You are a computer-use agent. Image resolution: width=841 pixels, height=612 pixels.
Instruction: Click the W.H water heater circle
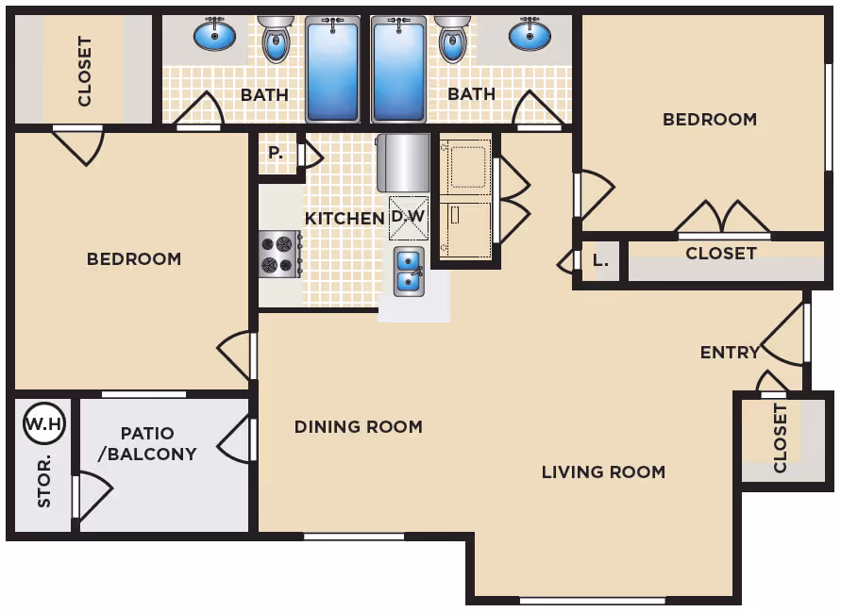[44, 424]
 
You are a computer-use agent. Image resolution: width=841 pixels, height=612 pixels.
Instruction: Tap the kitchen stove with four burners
[280, 254]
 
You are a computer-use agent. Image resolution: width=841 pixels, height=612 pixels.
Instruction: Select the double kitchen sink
[410, 272]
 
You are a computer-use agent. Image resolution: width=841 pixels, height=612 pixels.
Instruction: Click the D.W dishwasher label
[408, 217]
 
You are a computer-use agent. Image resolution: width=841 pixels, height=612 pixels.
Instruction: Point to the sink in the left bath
[214, 34]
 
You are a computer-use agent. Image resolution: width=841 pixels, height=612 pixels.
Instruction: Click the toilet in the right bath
[452, 38]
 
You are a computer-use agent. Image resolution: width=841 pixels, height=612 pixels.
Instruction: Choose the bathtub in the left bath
[332, 69]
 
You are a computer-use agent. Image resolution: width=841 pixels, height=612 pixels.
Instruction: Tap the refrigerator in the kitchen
[404, 163]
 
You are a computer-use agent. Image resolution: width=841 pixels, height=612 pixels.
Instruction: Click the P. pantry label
[276, 154]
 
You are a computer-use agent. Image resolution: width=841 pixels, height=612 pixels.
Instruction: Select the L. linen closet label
[600, 261]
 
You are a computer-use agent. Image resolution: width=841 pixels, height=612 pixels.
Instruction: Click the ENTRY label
[730, 353]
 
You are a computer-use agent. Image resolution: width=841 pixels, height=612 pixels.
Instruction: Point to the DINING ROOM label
[359, 427]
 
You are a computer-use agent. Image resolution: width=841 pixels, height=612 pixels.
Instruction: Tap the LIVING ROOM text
[603, 472]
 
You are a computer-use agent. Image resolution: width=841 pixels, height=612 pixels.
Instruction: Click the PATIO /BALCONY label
[147, 443]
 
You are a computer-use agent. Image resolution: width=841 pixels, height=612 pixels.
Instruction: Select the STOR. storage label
[44, 481]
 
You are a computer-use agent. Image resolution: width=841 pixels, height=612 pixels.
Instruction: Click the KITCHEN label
[345, 219]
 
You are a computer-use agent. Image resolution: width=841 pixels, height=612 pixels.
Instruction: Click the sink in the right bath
[530, 34]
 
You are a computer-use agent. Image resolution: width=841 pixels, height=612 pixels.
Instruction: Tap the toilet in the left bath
[276, 38]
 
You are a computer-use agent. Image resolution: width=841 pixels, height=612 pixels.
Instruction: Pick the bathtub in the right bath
[398, 69]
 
